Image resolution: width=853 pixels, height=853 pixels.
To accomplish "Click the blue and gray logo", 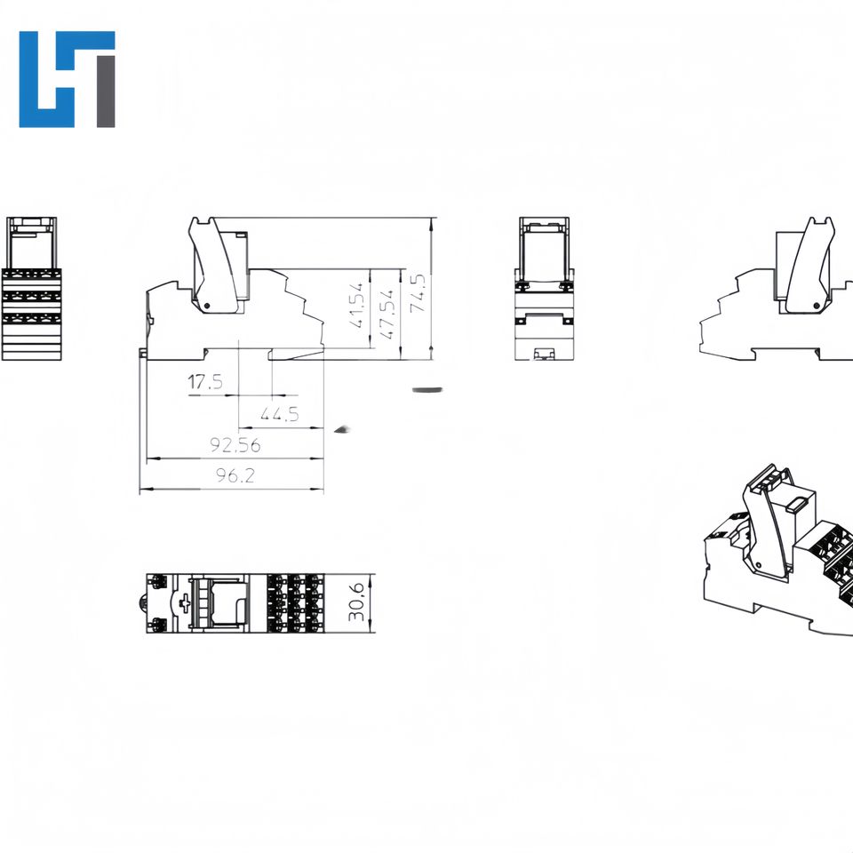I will (68, 79).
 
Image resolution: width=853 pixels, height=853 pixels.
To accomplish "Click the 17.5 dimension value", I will (205, 383).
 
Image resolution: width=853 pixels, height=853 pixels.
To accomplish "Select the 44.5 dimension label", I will (278, 414).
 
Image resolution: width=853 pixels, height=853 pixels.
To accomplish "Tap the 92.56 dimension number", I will (235, 444).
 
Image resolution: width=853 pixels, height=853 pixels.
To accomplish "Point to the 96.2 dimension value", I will (235, 476).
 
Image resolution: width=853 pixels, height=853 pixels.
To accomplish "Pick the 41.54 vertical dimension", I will (357, 306).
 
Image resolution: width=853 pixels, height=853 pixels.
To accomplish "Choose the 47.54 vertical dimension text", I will (387, 312).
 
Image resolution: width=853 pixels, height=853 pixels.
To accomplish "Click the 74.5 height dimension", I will (418, 291).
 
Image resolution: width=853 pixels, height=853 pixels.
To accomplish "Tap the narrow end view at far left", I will (31, 288).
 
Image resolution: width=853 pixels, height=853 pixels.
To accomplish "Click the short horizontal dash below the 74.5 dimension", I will (427, 389).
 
